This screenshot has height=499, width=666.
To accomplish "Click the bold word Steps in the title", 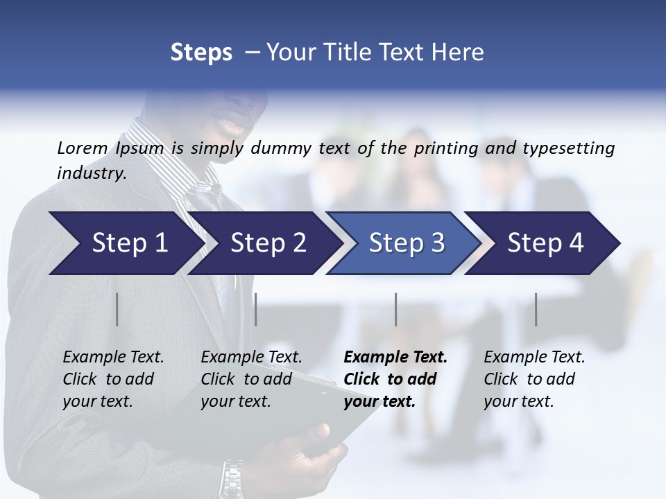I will [x=201, y=53].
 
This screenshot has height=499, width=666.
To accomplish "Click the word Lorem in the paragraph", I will [x=82, y=148].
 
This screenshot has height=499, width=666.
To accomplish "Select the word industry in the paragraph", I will [x=91, y=173].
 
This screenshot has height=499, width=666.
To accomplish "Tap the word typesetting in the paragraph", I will [x=568, y=148].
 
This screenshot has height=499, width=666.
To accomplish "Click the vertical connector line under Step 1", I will [x=117, y=309].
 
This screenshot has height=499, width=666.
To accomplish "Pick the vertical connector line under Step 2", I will [x=256, y=309].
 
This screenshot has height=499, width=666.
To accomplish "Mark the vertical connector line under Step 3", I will [x=396, y=309].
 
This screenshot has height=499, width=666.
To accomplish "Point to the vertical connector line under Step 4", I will [x=536, y=309].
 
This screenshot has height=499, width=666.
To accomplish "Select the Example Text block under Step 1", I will [x=113, y=379].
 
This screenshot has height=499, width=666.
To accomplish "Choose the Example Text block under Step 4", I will [x=534, y=379].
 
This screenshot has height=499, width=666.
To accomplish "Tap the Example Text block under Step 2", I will [x=251, y=379].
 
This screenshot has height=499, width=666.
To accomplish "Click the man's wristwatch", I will [x=232, y=477].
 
